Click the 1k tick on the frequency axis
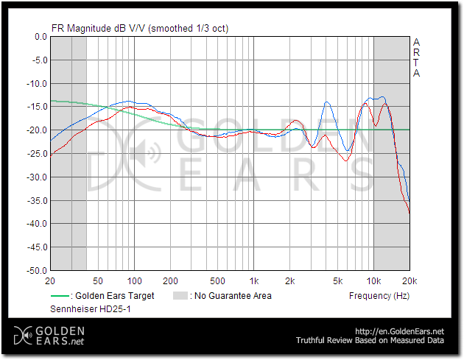[x=253, y=281]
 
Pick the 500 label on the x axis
[x=217, y=281]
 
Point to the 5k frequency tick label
[x=337, y=281]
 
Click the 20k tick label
[x=409, y=281]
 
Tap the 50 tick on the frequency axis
[x=97, y=281]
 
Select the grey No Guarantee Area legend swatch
[x=179, y=296]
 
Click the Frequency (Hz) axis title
[x=379, y=296]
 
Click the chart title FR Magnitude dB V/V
[x=139, y=28]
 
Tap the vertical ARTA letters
[x=416, y=57]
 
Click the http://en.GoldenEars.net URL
[x=399, y=331]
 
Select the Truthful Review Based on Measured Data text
[x=370, y=341]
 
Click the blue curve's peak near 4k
[x=327, y=103]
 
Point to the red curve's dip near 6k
[x=347, y=160]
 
